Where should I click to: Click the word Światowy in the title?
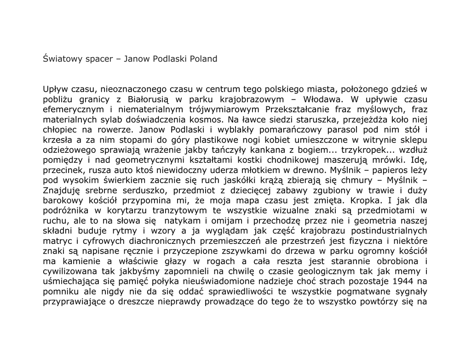pyautogui.click(x=63, y=59)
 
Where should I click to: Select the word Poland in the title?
pyautogui.click(x=202, y=59)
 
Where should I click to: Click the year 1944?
pyautogui.click(x=406, y=281)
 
